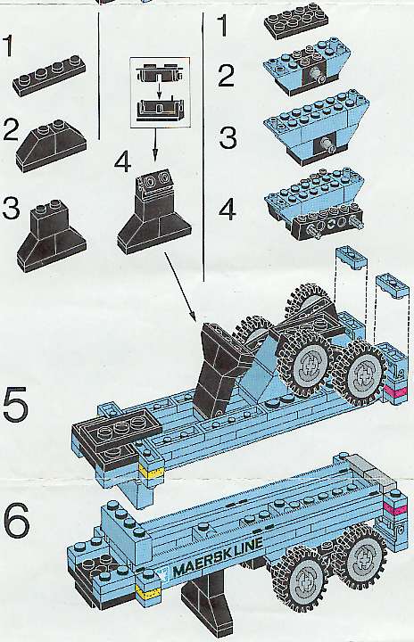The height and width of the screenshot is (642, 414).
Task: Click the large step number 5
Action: [x=15, y=403]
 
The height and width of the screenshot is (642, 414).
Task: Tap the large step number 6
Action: [x=16, y=520]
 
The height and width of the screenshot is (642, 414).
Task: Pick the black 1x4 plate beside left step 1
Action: [x=50, y=75]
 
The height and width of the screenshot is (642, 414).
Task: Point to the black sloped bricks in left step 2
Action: [x=51, y=145]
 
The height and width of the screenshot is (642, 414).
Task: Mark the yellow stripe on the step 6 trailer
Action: [x=147, y=591]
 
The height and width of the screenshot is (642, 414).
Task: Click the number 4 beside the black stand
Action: [x=122, y=161]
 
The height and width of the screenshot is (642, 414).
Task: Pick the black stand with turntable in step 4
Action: [x=154, y=210]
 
